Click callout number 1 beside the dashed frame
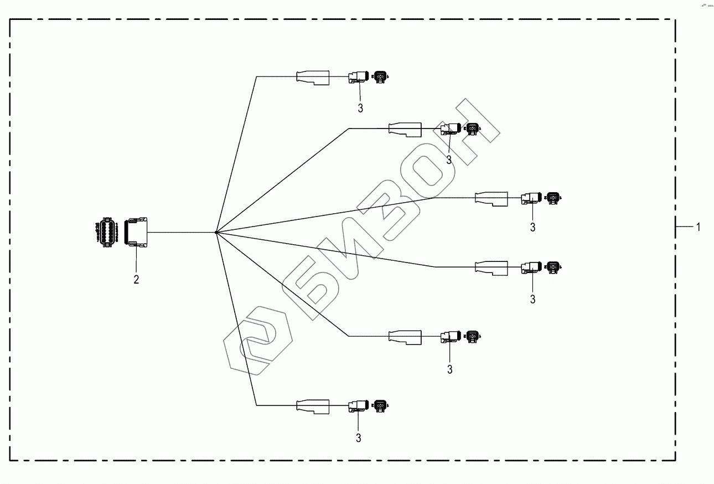coord(699,226)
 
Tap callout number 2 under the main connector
coord(136,279)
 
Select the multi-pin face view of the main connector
coord(106,231)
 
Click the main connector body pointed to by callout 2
coord(137,231)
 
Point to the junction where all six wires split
coord(216,232)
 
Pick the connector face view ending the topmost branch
coord(380,76)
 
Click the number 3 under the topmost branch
coord(360,109)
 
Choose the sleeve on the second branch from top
coord(405,129)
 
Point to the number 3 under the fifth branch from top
coord(449,369)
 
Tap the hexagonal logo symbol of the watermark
coord(258,341)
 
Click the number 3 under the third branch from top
coord(532,227)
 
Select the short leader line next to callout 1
coord(685,226)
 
